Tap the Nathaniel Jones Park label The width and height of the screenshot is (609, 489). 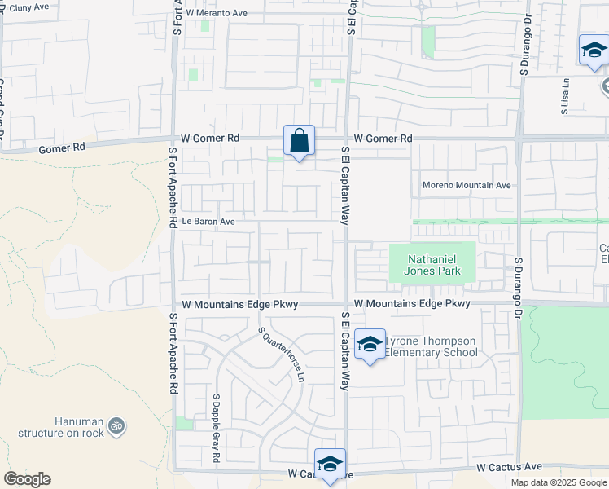[434, 265]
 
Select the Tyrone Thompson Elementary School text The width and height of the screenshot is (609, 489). [431, 346]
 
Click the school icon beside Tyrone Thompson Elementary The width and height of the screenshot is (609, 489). [370, 345]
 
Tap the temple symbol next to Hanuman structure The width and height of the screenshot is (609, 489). [117, 425]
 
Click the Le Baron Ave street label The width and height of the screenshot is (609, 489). [208, 221]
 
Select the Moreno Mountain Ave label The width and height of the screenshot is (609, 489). [466, 185]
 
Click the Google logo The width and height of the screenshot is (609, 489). [27, 479]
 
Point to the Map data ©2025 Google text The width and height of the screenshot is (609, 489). [559, 482]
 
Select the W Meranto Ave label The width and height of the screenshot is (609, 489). [216, 13]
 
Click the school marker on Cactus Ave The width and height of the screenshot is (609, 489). [331, 464]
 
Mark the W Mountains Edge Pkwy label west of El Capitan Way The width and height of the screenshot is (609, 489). [240, 304]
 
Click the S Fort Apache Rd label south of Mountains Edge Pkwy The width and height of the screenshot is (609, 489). [173, 354]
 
